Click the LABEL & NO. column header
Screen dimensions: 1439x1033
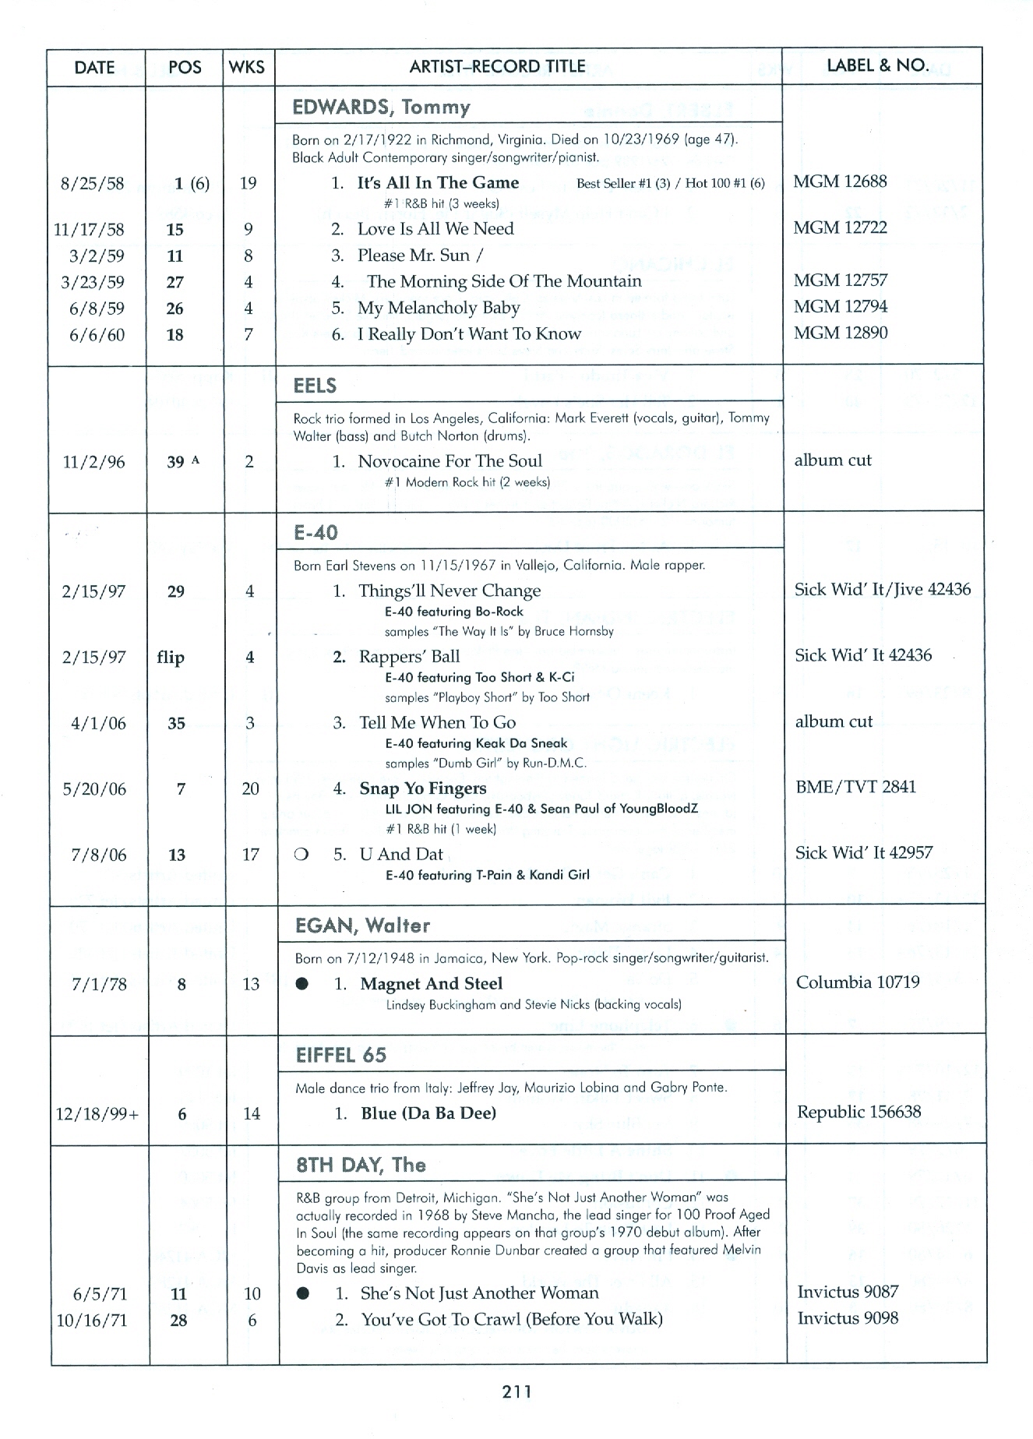[877, 65]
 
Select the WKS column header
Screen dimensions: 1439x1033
[247, 67]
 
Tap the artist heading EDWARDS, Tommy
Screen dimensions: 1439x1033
[381, 107]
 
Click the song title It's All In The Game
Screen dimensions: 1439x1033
[438, 182]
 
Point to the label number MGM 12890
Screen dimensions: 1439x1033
[841, 333]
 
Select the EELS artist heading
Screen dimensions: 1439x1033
[315, 386]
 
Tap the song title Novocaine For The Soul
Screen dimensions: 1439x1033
[450, 460]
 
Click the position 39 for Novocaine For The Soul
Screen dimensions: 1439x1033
[176, 462]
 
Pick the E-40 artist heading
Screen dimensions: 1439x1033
[316, 532]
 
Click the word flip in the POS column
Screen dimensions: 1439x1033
[171, 657]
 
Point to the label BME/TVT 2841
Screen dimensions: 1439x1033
[855, 787]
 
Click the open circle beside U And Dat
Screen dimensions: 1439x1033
[301, 855]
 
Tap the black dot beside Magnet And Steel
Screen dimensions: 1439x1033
[302, 984]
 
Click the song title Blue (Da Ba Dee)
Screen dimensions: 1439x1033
[428, 1113]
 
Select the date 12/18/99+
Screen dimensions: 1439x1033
[97, 1114]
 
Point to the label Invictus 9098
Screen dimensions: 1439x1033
[848, 1317]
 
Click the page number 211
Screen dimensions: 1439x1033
[516, 1391]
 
